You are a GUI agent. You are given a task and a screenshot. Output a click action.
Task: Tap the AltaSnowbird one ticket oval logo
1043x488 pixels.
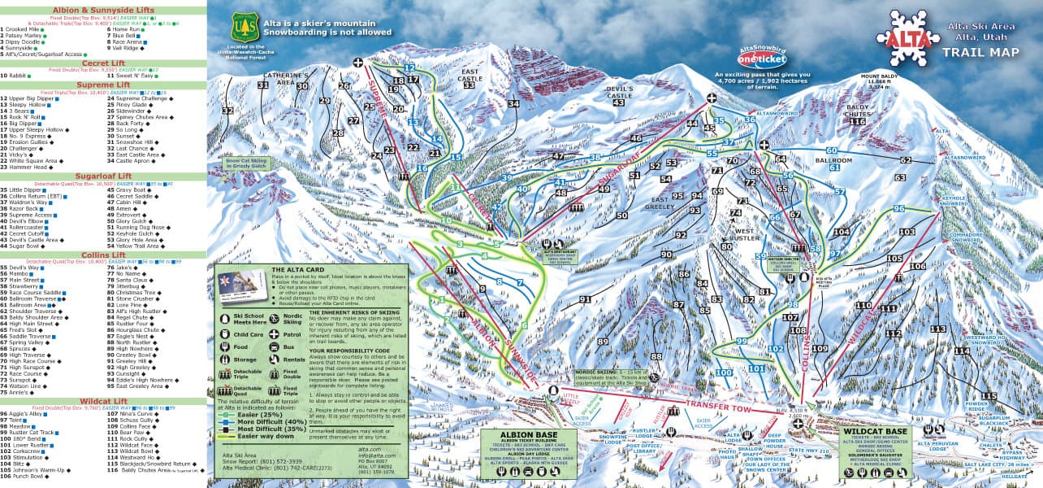(x=763, y=59)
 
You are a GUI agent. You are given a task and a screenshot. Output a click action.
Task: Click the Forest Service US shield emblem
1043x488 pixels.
(x=244, y=27)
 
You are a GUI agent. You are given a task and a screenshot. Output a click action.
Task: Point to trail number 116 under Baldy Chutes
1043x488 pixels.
(x=857, y=121)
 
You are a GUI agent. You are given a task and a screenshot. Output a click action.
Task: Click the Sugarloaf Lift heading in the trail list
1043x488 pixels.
(x=102, y=175)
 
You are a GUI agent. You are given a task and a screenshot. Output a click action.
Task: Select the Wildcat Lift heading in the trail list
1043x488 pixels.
(x=102, y=401)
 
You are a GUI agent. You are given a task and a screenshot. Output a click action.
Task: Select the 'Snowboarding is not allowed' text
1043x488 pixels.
(x=326, y=33)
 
